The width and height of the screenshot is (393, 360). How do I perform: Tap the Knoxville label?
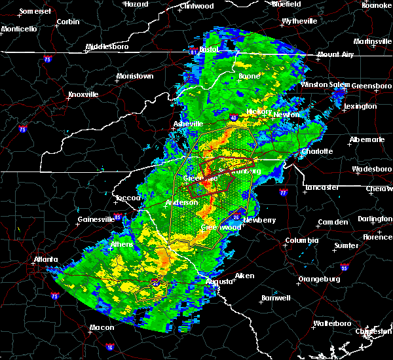tap(83, 94)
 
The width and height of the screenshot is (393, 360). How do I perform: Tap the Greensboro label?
tap(372, 86)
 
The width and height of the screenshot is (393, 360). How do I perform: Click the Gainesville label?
tap(96, 219)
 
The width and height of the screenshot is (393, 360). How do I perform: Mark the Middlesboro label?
tap(108, 47)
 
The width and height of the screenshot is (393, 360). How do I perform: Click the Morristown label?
tap(134, 77)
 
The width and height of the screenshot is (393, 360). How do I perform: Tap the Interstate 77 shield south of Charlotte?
tap(283, 194)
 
